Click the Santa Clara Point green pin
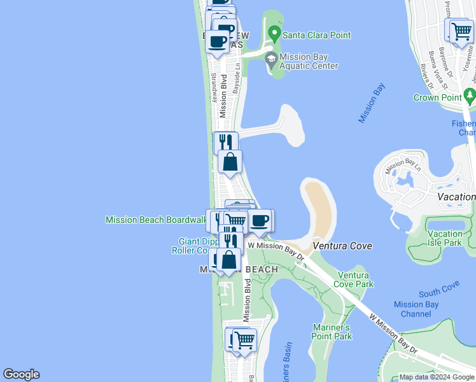coord(274,32)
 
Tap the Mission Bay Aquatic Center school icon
coord(271,60)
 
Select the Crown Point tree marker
coord(470,96)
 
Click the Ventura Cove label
coord(342,246)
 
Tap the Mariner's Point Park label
coord(332,332)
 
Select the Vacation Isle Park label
coord(445,238)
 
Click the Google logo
coord(21,374)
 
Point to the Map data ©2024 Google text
coord(436,377)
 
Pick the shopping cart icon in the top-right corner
coord(461,30)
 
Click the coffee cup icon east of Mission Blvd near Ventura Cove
coord(258,220)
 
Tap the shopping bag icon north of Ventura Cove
coord(230,162)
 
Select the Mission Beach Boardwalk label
coord(155,220)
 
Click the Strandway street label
coord(214,87)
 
